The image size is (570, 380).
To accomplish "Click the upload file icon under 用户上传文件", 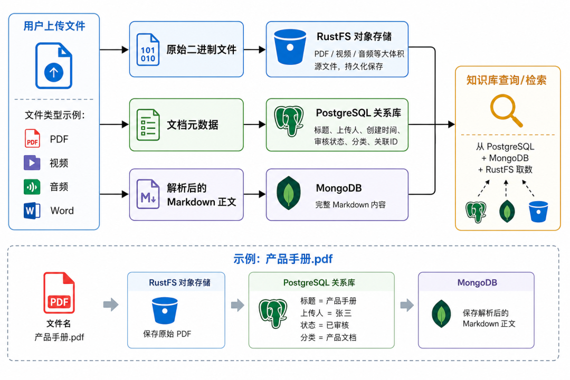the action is point(54,66).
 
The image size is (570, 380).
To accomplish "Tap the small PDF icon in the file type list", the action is point(32,139).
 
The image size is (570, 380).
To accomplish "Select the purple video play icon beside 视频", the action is point(32,163).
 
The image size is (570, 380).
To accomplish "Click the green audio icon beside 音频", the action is point(32,187).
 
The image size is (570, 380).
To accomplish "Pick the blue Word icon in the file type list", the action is point(32,211).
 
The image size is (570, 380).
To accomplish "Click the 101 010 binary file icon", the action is point(148,50).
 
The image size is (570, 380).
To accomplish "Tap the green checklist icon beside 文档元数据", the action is point(148,125).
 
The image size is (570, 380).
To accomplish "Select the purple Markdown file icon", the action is point(148,194).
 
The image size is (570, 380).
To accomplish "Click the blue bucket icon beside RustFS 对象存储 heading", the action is point(290,47).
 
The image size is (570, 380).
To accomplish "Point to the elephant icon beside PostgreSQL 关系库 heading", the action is point(289,121).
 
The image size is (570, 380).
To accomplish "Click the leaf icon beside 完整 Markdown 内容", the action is point(289,193).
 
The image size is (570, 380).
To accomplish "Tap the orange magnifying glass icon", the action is point(506,110).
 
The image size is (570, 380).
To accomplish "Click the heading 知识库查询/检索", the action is point(506,80).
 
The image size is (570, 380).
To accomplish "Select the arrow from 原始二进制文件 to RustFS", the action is point(255,50).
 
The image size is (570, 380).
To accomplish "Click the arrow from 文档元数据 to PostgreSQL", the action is point(255,125).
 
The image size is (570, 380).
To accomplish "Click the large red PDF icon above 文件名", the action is point(59,293).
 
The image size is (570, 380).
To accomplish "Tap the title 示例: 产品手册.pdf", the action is point(283,259).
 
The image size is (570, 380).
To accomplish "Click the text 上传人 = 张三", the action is point(326,313).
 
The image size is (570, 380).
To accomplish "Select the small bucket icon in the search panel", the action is point(538,212).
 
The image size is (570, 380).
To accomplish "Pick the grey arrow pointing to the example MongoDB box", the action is point(407,305).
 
